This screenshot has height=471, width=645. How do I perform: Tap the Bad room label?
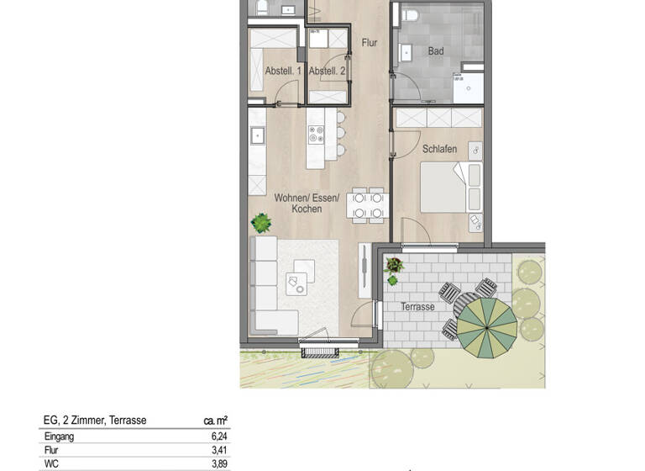click(x=436, y=51)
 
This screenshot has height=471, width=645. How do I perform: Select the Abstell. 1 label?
click(x=283, y=71)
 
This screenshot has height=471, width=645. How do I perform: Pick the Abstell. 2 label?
click(x=328, y=71)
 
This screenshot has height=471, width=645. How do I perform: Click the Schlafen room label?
click(x=440, y=149)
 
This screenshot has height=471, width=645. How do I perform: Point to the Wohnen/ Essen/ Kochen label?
click(x=306, y=203)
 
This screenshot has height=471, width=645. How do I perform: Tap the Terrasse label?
click(x=417, y=307)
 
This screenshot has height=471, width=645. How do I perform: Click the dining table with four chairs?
click(x=368, y=204)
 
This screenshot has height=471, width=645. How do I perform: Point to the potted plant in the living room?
click(x=262, y=224)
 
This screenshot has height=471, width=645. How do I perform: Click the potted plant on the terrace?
click(x=394, y=267)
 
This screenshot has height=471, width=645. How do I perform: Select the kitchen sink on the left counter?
click(x=257, y=135)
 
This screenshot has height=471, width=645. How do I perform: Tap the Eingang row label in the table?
click(x=59, y=437)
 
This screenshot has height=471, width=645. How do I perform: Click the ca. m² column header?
click(x=216, y=421)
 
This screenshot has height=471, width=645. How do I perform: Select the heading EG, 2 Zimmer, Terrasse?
click(x=95, y=421)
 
